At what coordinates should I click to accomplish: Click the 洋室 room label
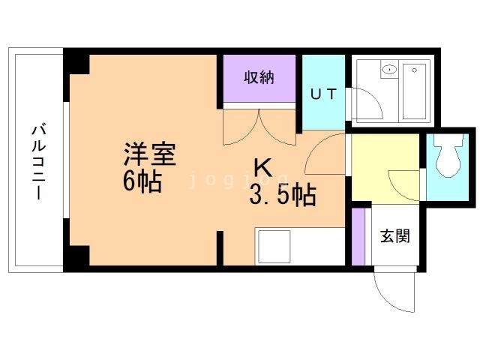tap(150, 154)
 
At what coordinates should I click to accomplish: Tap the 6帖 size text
tap(142, 181)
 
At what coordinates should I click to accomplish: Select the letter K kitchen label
tap(264, 168)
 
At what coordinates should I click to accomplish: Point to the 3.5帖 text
tap(283, 195)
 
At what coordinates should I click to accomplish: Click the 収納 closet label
tap(259, 77)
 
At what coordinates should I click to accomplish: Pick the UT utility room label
tap(323, 94)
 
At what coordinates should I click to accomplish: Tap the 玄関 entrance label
tap(395, 236)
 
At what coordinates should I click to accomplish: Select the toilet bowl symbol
tap(448, 155)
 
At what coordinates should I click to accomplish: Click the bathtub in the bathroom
tap(414, 91)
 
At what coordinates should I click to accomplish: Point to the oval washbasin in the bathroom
tap(389, 70)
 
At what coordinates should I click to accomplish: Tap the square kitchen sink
tap(274, 247)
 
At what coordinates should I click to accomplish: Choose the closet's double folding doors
tap(259, 127)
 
